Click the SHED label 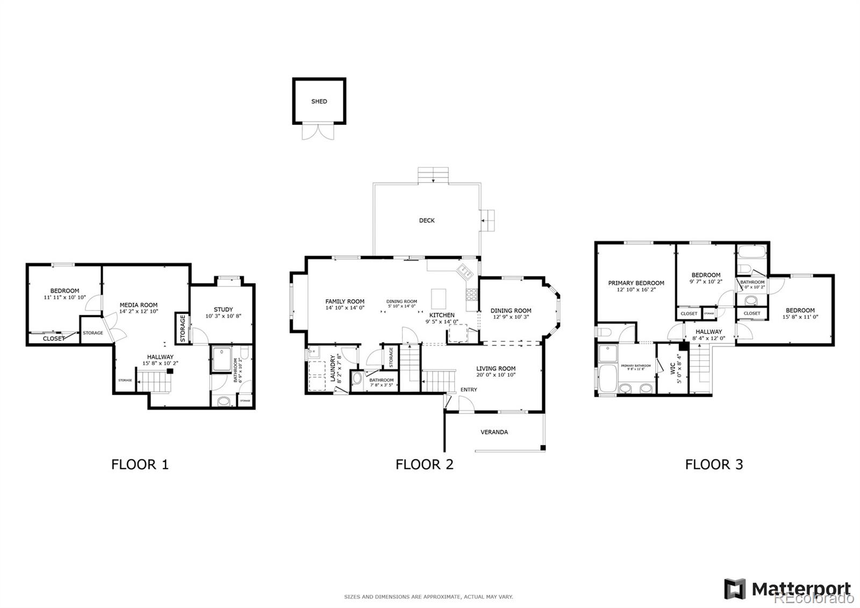(319, 101)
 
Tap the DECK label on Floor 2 (427, 220)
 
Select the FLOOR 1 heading (140, 464)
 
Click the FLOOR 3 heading (714, 464)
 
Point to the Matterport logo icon (735, 589)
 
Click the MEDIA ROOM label (139, 305)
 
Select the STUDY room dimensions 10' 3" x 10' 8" (223, 316)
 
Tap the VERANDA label (494, 432)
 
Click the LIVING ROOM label (496, 369)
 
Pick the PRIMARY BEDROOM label (636, 283)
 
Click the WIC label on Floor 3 (672, 369)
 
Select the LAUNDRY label (333, 368)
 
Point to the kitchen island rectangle (439, 297)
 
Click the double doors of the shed (314, 131)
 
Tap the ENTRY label (468, 390)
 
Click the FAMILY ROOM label (345, 301)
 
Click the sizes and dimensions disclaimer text (428, 596)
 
